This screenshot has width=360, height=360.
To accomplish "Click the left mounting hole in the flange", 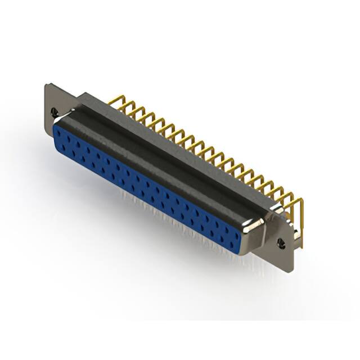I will pyautogui.click(x=55, y=112).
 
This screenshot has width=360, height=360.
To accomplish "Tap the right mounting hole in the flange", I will pyautogui.click(x=281, y=243).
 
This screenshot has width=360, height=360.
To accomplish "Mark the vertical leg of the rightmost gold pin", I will pyautogui.click(x=301, y=225).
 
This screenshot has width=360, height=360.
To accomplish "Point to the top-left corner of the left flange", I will pyautogui.click(x=47, y=85).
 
